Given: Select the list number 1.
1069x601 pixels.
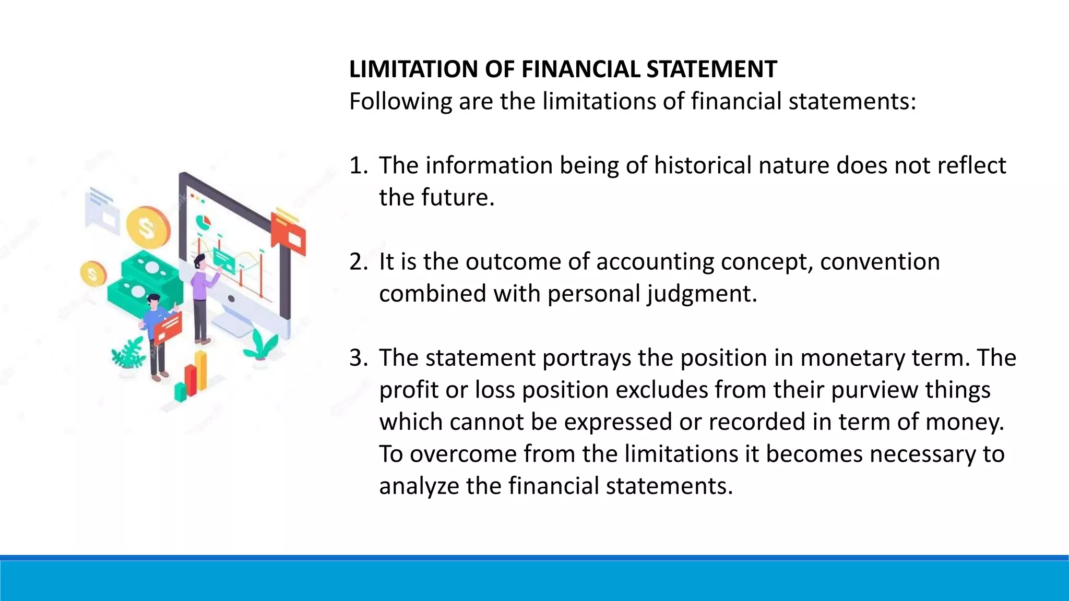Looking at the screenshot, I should coord(357,166).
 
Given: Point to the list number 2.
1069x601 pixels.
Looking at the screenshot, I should coord(357,262).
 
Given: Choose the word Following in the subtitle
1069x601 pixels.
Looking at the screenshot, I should coord(400,102).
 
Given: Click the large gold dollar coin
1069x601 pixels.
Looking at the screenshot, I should coord(148,228).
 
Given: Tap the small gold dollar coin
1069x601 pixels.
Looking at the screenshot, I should coord(93,274).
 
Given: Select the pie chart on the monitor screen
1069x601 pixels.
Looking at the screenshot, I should coord(203,222).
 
